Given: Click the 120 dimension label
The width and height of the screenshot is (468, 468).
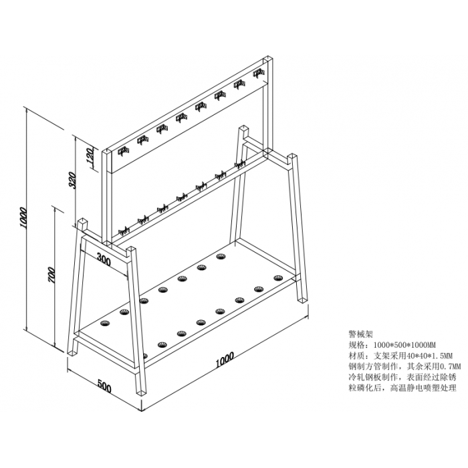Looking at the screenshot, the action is [90, 157].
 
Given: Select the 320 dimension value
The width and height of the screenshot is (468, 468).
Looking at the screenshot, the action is [72, 181].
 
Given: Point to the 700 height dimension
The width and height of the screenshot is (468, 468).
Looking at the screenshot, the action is [51, 275].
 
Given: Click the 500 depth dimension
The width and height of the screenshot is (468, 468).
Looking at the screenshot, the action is [104, 387].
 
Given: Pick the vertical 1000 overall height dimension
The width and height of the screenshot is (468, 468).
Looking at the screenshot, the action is [23, 218].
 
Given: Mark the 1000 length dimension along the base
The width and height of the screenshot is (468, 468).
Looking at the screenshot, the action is [225, 360].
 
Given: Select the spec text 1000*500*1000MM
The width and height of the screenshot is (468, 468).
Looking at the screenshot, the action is [405, 345].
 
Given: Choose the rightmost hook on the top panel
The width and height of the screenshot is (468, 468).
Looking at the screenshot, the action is [259, 73].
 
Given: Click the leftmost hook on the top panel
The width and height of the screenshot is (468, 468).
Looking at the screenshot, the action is [123, 151].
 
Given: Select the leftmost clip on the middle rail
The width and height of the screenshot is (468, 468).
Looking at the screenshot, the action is [123, 231].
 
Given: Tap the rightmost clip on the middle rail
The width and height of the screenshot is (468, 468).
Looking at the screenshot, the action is [239, 164].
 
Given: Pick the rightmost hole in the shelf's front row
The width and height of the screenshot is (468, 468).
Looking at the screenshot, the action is [278, 278].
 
